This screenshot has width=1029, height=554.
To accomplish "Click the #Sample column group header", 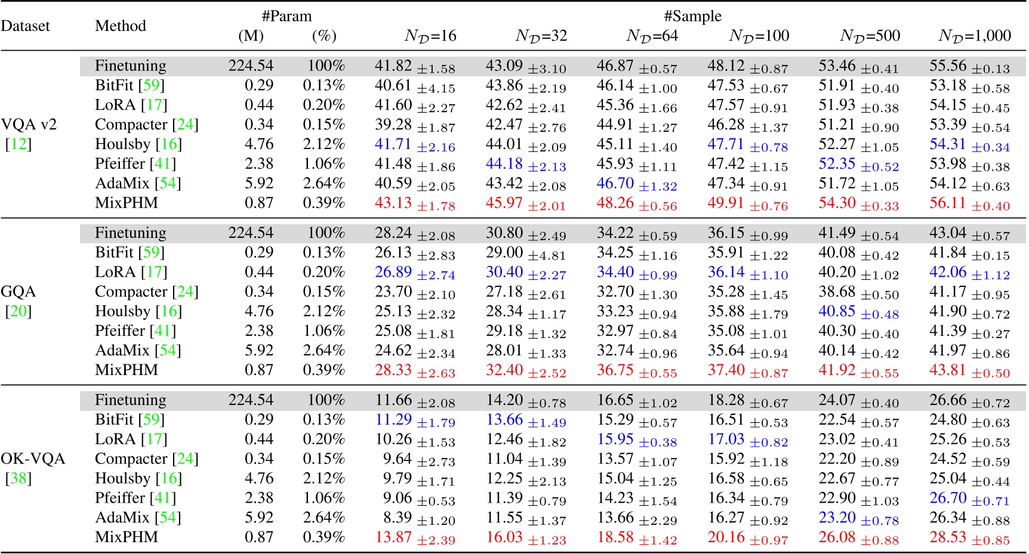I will tap(692, 16).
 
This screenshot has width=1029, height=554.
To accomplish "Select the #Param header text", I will tap(286, 16).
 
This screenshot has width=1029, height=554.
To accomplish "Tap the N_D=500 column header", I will tap(870, 36).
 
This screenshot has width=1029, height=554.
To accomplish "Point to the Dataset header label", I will tap(25, 26).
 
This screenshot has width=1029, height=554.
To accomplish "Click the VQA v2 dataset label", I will tap(29, 125).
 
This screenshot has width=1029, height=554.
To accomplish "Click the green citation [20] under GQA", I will tap(18, 311).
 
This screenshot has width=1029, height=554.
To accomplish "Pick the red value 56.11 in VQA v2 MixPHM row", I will tap(947, 203).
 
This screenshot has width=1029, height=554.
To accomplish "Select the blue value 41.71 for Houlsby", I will tap(393, 144).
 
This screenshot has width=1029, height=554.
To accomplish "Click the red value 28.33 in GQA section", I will tap(393, 370).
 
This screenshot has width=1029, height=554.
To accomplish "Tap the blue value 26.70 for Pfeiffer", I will tap(947, 498).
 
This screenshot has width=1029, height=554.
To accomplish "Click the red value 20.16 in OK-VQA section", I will tap(726, 537).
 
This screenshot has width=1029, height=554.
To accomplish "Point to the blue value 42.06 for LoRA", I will tap(947, 273).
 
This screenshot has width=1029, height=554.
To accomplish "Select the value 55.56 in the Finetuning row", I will tap(947, 66).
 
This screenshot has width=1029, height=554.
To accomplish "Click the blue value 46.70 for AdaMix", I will tap(615, 184).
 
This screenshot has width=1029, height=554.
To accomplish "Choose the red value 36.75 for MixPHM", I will tap(615, 370).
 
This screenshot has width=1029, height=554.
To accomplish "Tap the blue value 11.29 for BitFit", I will tap(393, 420).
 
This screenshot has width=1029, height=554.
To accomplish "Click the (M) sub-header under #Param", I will tap(251, 36).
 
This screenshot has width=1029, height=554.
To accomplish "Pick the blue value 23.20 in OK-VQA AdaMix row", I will tap(837, 518).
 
